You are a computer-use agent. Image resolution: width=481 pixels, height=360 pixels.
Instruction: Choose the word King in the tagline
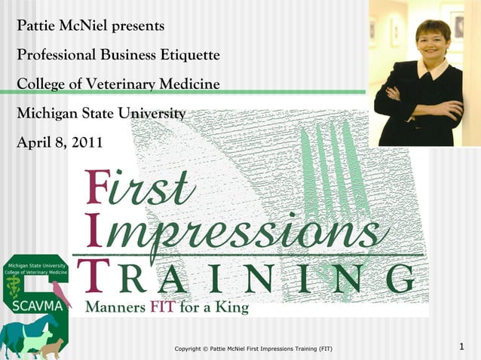231,307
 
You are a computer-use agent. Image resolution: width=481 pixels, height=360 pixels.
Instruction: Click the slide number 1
462,346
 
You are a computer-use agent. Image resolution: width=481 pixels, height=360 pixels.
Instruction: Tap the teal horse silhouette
23,331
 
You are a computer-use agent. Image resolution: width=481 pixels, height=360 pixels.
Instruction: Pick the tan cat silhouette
51,348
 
